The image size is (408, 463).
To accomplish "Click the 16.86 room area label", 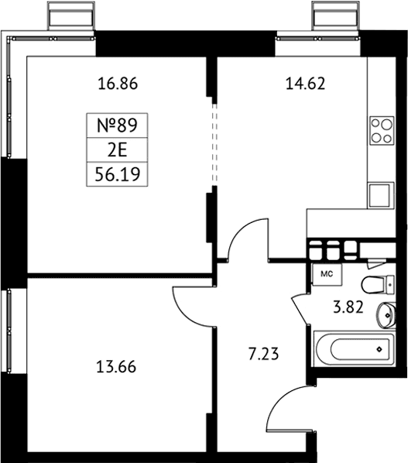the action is tap(118, 84).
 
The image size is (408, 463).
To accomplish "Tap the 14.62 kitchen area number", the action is tap(305, 84).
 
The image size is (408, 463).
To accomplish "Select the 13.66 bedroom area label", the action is tap(116, 367).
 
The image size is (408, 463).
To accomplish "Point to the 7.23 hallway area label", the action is tap(263, 354).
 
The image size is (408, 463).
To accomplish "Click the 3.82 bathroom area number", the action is tap(348, 307).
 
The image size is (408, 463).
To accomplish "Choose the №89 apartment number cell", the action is tap(117, 125).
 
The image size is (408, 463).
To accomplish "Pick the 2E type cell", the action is tap(117, 149).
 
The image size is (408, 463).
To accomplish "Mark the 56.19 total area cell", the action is tap(117, 174).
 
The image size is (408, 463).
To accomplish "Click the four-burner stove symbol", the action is tap(382, 131).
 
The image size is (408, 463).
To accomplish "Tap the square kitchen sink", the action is tap(381, 195).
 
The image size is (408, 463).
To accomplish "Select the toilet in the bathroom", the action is tap(378, 285).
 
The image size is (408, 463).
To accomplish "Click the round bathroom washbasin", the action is tap(386, 315).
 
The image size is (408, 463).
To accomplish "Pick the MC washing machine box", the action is tap(327, 275).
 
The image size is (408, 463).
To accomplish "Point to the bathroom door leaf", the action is tap(300, 310).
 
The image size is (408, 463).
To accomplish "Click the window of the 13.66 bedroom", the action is tap(9, 331).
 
